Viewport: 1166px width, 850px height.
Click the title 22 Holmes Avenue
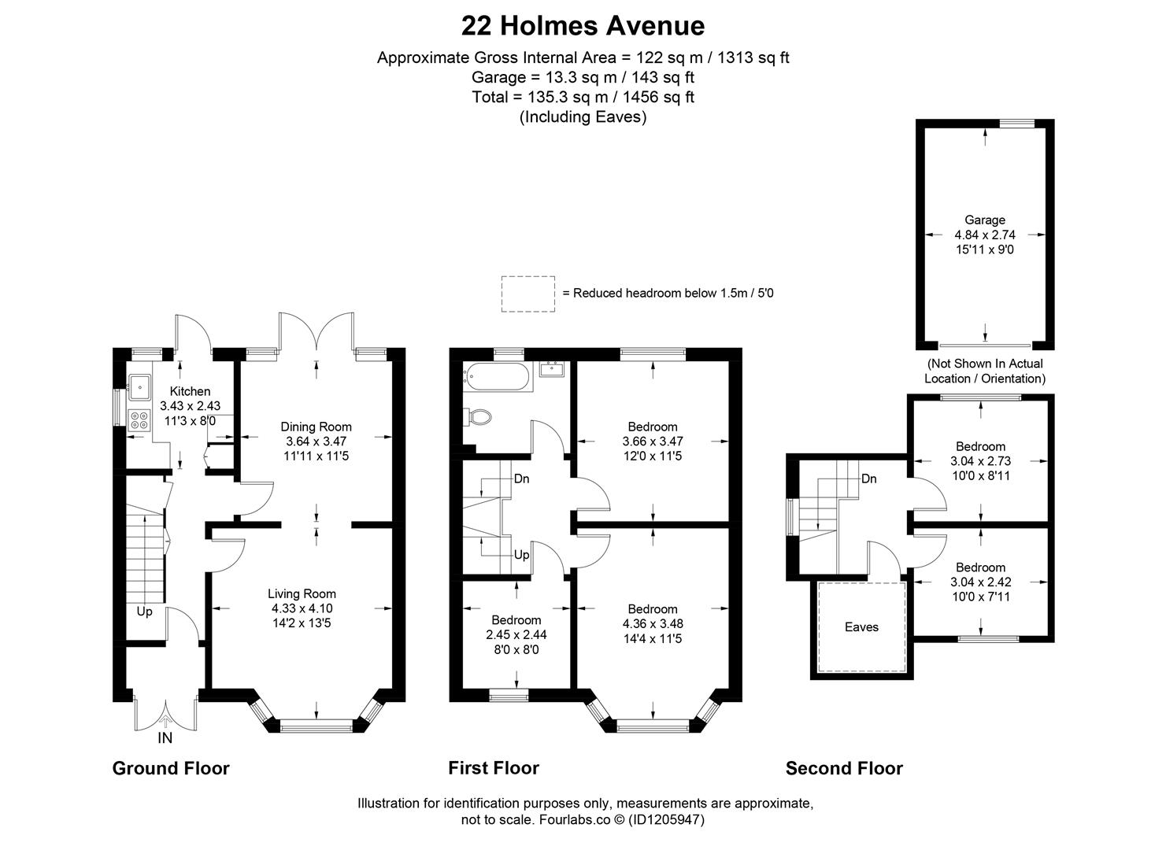(583, 26)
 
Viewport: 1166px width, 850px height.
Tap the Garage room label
(984, 220)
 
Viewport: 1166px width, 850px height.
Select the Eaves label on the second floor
(861, 627)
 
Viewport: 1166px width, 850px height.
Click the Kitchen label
(190, 391)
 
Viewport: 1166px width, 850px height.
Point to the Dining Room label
(316, 427)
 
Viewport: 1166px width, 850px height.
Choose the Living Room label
(302, 594)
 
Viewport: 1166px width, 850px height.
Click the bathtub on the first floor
(498, 378)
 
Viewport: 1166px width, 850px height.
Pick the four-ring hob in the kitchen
(140, 420)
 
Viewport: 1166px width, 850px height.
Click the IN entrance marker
(165, 738)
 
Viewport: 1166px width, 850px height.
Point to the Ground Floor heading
(171, 768)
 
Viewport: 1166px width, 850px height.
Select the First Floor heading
(494, 768)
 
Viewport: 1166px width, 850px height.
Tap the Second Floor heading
(844, 768)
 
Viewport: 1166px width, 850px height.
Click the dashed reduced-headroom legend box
(528, 294)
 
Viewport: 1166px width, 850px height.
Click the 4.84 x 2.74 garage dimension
(984, 235)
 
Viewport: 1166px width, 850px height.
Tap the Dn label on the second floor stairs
(868, 479)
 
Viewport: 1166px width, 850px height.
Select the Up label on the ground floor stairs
(144, 612)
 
